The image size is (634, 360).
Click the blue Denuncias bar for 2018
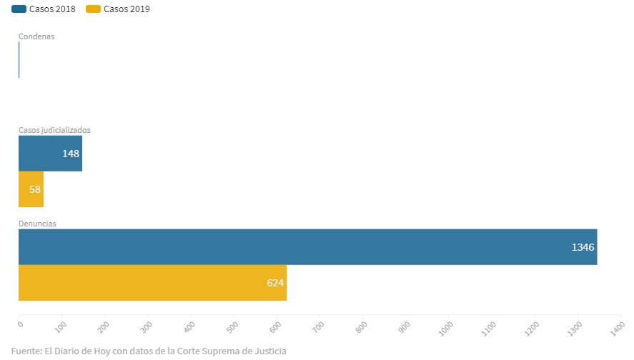click(x=307, y=247)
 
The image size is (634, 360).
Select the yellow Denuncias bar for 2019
click(x=152, y=283)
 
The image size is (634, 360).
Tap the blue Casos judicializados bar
click(x=50, y=154)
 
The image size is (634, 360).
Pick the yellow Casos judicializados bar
click(x=31, y=189)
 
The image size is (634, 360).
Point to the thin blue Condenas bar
click(x=19, y=60)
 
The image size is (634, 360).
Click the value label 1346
click(x=583, y=247)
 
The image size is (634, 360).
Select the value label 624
click(x=275, y=283)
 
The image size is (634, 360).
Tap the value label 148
click(x=70, y=154)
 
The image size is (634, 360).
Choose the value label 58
click(x=34, y=189)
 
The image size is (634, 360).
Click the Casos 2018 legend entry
click(x=44, y=9)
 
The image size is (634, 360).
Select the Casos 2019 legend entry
click(x=119, y=9)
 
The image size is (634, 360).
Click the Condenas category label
click(x=36, y=36)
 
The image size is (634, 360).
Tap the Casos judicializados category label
click(x=54, y=130)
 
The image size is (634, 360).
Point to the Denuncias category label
click(x=37, y=224)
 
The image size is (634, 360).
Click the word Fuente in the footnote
click(x=26, y=351)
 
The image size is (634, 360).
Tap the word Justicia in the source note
click(x=267, y=351)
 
